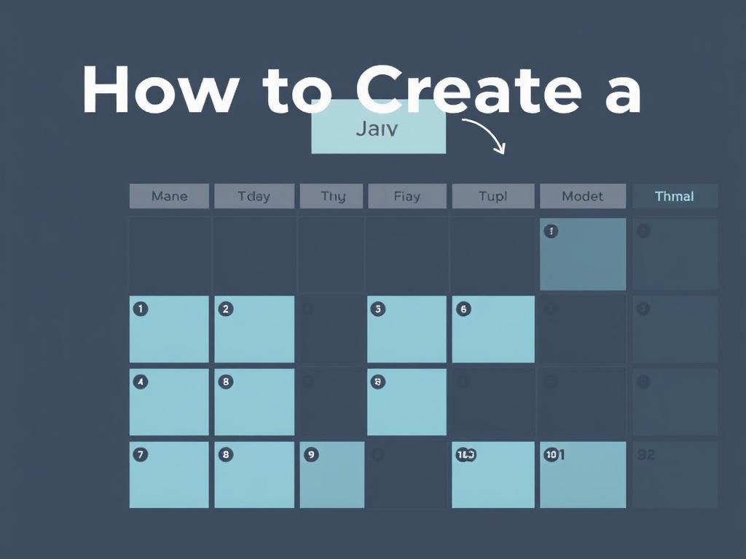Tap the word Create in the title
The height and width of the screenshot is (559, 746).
pyautogui.click(x=469, y=91)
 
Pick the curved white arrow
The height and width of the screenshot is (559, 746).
pyautogui.click(x=485, y=135)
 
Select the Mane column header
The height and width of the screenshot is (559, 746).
pyautogui.click(x=169, y=196)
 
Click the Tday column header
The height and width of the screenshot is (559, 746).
pyautogui.click(x=254, y=196)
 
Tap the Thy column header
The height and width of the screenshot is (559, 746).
pyautogui.click(x=332, y=196)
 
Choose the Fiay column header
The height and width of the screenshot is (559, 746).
pyautogui.click(x=407, y=196)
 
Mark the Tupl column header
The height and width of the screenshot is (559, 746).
pyautogui.click(x=492, y=196)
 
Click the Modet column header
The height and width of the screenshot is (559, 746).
pyautogui.click(x=582, y=196)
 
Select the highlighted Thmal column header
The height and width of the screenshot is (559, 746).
pyautogui.click(x=674, y=196)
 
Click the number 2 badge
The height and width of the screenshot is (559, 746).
pyautogui.click(x=226, y=309)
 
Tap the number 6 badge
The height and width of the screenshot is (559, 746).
pyautogui.click(x=463, y=309)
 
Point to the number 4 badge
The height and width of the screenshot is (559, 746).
pyautogui.click(x=141, y=381)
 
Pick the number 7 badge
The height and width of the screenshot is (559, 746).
pyautogui.click(x=141, y=454)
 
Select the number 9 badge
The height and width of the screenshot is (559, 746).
pyautogui.click(x=311, y=454)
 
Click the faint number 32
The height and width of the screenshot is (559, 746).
pyautogui.click(x=646, y=455)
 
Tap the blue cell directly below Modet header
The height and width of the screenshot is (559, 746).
pyautogui.click(x=582, y=254)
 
